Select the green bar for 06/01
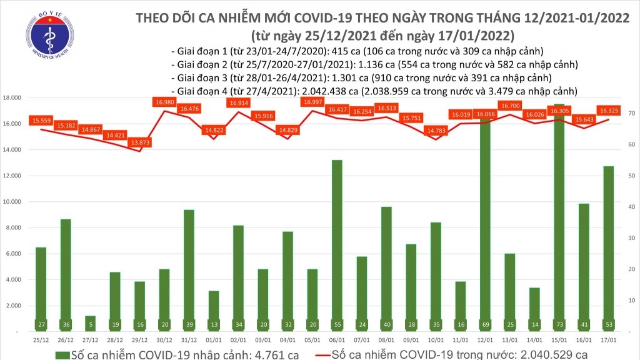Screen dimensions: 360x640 coord(336,244)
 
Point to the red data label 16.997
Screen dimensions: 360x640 coord(312,102)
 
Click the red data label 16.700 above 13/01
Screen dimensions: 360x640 coord(511,106)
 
